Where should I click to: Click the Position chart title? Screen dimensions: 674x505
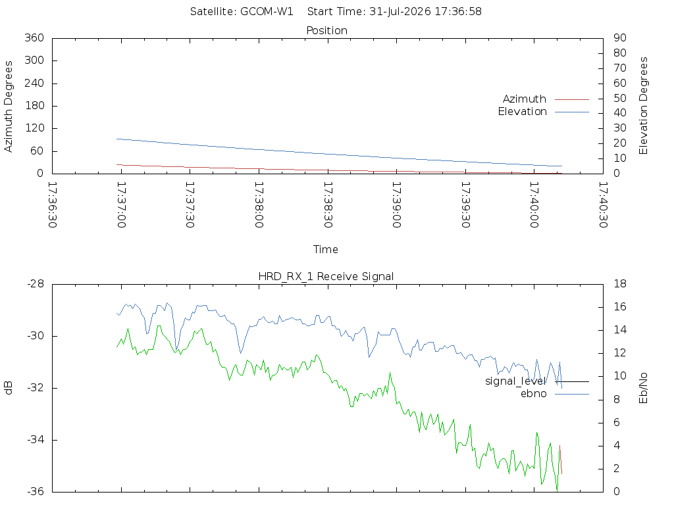point(326,30)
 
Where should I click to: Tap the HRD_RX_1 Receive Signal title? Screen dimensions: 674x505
point(326,277)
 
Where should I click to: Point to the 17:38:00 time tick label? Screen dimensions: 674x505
point(259,205)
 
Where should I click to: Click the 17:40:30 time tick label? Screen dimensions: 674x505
point(603,205)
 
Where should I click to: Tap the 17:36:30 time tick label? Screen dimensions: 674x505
point(53,205)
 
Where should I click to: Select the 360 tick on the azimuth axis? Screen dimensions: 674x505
point(34,37)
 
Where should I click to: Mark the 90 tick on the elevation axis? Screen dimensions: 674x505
point(620,37)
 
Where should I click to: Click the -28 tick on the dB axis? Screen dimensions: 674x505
point(36,284)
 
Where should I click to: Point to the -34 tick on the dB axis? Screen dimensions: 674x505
point(36,440)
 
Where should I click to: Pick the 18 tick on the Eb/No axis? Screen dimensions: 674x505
point(620,284)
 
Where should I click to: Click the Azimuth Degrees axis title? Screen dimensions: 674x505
point(8,107)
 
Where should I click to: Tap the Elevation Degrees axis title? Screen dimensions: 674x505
point(644,106)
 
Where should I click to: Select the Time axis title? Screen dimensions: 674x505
point(325,249)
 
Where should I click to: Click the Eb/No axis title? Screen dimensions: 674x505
point(644,388)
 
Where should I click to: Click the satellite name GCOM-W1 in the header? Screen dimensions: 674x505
point(267,12)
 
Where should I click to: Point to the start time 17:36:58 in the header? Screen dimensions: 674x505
point(458,12)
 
